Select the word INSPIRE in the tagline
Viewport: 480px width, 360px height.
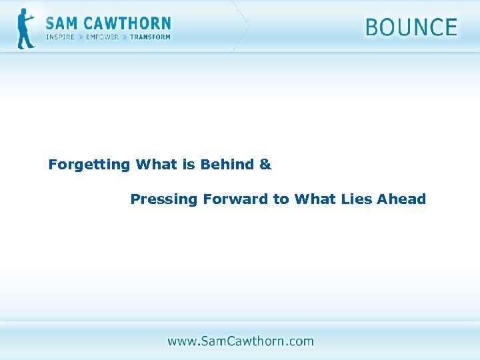pos(60,37)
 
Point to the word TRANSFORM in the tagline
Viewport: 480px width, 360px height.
pos(150,37)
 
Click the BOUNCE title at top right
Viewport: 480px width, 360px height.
pos(411,28)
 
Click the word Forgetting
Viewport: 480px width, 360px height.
pos(89,165)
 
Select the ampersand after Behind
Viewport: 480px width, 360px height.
pos(265,165)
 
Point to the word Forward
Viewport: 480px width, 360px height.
pos(235,199)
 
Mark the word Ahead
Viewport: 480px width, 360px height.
pos(401,199)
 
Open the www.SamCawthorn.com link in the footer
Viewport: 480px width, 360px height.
pos(240,341)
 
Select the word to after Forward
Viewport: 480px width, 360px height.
pos(281,199)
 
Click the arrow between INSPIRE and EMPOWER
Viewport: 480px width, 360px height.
pos(81,37)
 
